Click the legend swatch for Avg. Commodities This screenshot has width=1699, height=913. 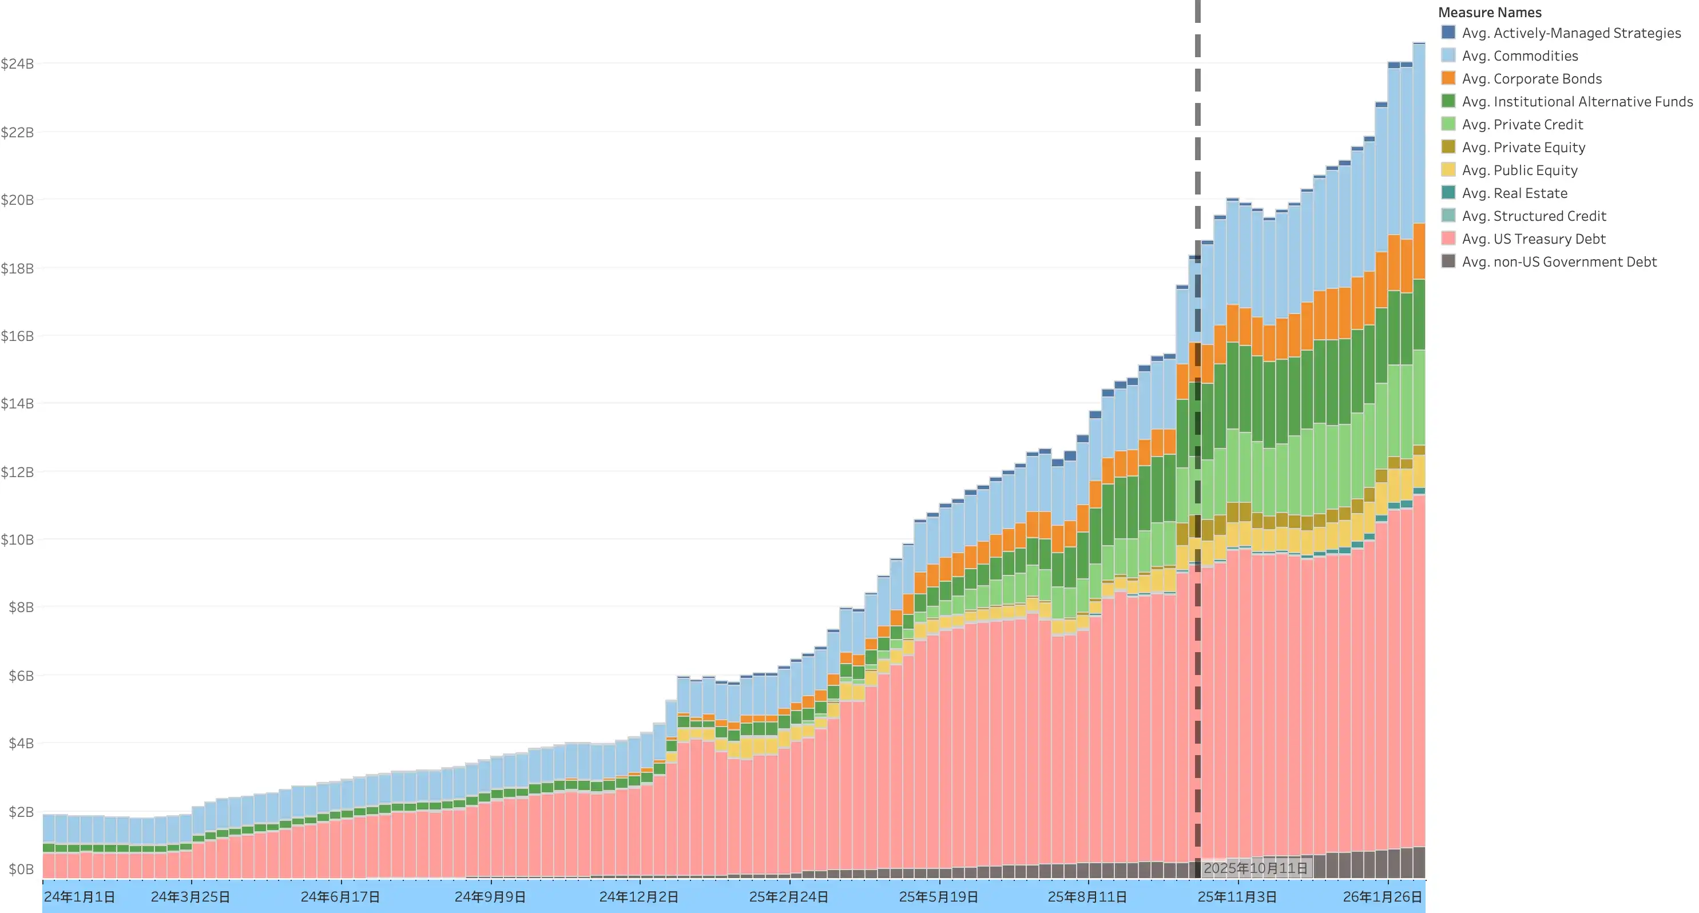(1448, 55)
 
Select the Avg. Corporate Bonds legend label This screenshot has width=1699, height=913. (1531, 78)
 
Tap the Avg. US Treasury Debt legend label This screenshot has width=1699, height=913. (1534, 239)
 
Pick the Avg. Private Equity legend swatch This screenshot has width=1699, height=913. (1448, 147)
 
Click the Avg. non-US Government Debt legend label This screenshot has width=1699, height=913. (1559, 262)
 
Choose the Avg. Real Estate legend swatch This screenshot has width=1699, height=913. (1448, 193)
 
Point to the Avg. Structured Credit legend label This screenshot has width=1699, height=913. (1534, 216)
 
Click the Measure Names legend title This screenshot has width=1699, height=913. (1489, 13)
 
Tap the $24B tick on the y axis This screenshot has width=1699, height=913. (17, 64)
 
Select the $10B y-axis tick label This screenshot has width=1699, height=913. (17, 539)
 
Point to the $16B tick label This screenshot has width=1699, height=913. (17, 336)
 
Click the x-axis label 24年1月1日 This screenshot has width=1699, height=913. (79, 897)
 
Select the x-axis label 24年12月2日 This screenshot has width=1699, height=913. (638, 897)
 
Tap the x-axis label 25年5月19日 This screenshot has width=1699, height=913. (939, 897)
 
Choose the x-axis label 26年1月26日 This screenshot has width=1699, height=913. (1383, 897)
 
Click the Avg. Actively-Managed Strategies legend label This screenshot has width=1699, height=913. (1571, 33)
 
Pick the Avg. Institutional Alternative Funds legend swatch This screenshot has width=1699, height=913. (1448, 101)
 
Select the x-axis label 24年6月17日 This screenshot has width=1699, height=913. (340, 897)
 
